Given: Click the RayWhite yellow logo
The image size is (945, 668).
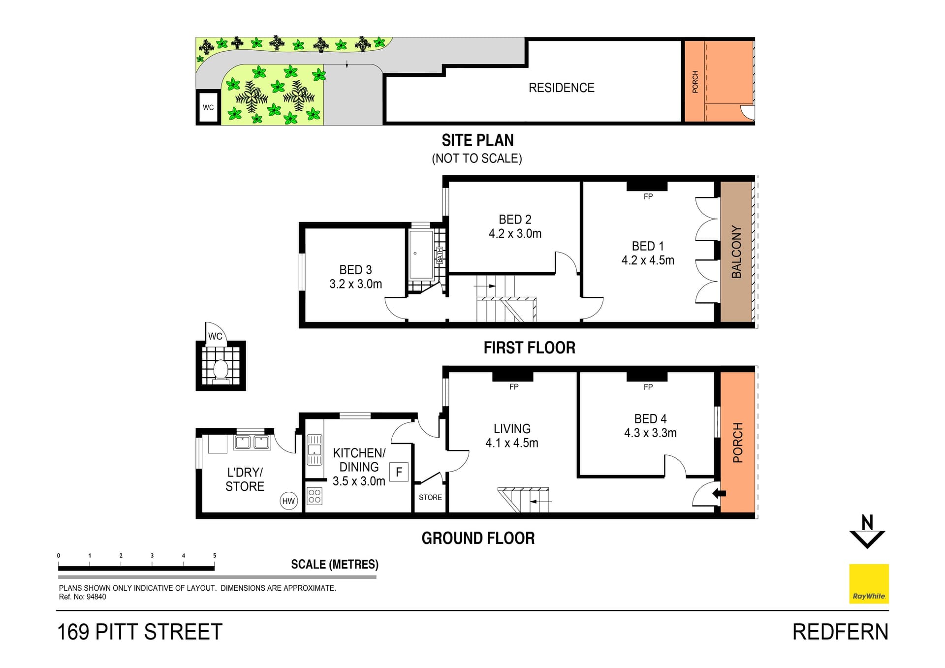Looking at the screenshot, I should (x=869, y=583).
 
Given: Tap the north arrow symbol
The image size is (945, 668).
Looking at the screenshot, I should (x=867, y=532).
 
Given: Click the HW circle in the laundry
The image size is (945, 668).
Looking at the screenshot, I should (x=288, y=501).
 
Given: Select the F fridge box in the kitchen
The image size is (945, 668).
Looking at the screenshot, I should (x=399, y=472).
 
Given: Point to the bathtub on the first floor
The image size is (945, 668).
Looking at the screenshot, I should (x=421, y=254).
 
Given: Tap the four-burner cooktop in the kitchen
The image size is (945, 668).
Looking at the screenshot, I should (x=315, y=496).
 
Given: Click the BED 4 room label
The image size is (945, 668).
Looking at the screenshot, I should (x=650, y=419).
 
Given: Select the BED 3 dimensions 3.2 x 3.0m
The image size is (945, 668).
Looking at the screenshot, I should (x=355, y=284).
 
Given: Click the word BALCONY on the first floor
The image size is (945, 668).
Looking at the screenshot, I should (x=736, y=252).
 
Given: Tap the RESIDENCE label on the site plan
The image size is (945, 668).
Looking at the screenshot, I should (x=561, y=88).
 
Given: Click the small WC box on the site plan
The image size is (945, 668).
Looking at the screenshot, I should (x=208, y=107).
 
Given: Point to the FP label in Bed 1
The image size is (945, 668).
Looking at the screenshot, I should (x=648, y=196).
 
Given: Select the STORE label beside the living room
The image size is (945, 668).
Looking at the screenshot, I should (x=430, y=497).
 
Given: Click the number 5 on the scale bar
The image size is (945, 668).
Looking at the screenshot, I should (x=215, y=555).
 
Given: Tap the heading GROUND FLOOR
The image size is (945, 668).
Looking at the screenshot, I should (x=478, y=538).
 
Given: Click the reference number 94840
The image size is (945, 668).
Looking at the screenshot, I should (x=96, y=597).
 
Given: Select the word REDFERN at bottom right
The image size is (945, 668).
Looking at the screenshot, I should (x=840, y=632).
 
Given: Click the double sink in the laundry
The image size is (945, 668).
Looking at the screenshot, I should (x=252, y=442).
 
